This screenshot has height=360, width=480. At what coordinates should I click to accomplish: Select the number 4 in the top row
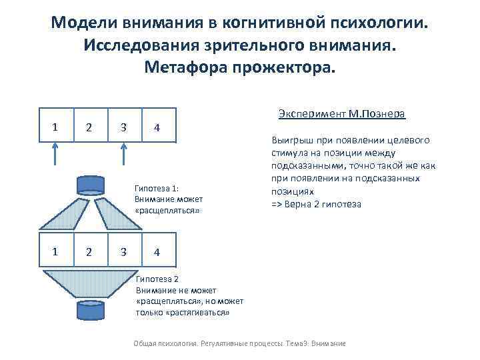155,127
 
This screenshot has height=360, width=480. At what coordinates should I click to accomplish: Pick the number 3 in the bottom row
123,251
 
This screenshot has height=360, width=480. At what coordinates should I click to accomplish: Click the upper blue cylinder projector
90,183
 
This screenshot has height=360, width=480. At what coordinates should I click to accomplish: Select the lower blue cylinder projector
90,309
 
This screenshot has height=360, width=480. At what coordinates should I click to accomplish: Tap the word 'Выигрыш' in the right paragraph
288,141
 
